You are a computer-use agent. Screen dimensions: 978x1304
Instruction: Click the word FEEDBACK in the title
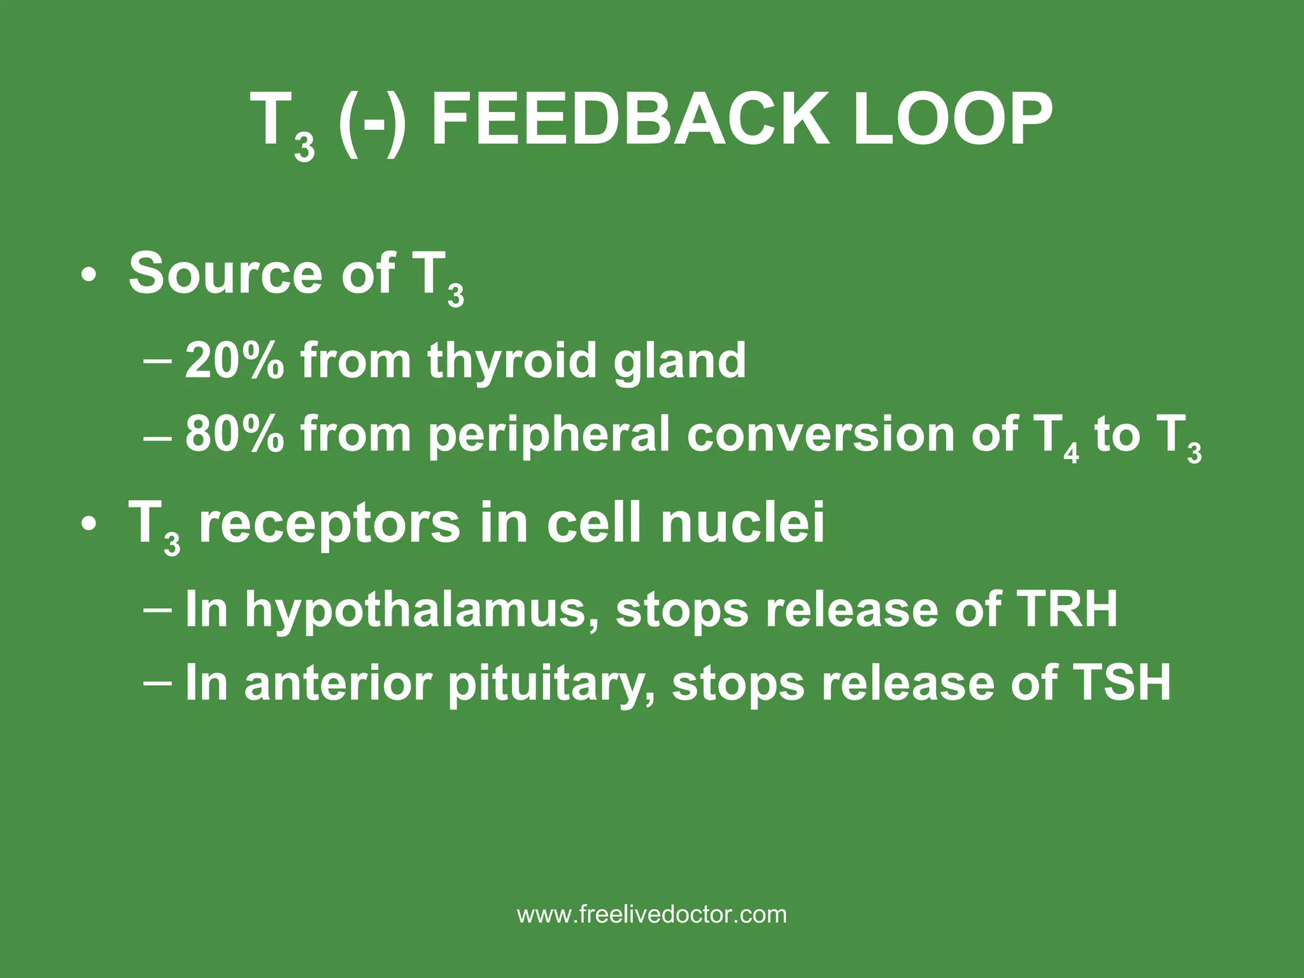pos(630,120)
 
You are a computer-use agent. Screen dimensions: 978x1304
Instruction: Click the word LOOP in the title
pos(952,120)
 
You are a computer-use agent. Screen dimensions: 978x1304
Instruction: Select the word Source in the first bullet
pos(226,274)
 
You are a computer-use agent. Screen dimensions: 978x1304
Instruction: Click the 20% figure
pos(234,360)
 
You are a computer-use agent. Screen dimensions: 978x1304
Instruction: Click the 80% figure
pos(234,434)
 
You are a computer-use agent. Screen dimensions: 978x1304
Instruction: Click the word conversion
pos(821,434)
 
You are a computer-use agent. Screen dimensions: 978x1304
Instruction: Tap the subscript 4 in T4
pos(1072,453)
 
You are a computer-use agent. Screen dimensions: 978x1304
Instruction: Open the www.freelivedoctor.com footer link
pos(652,915)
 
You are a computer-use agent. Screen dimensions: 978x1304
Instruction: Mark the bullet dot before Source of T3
pos(89,276)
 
